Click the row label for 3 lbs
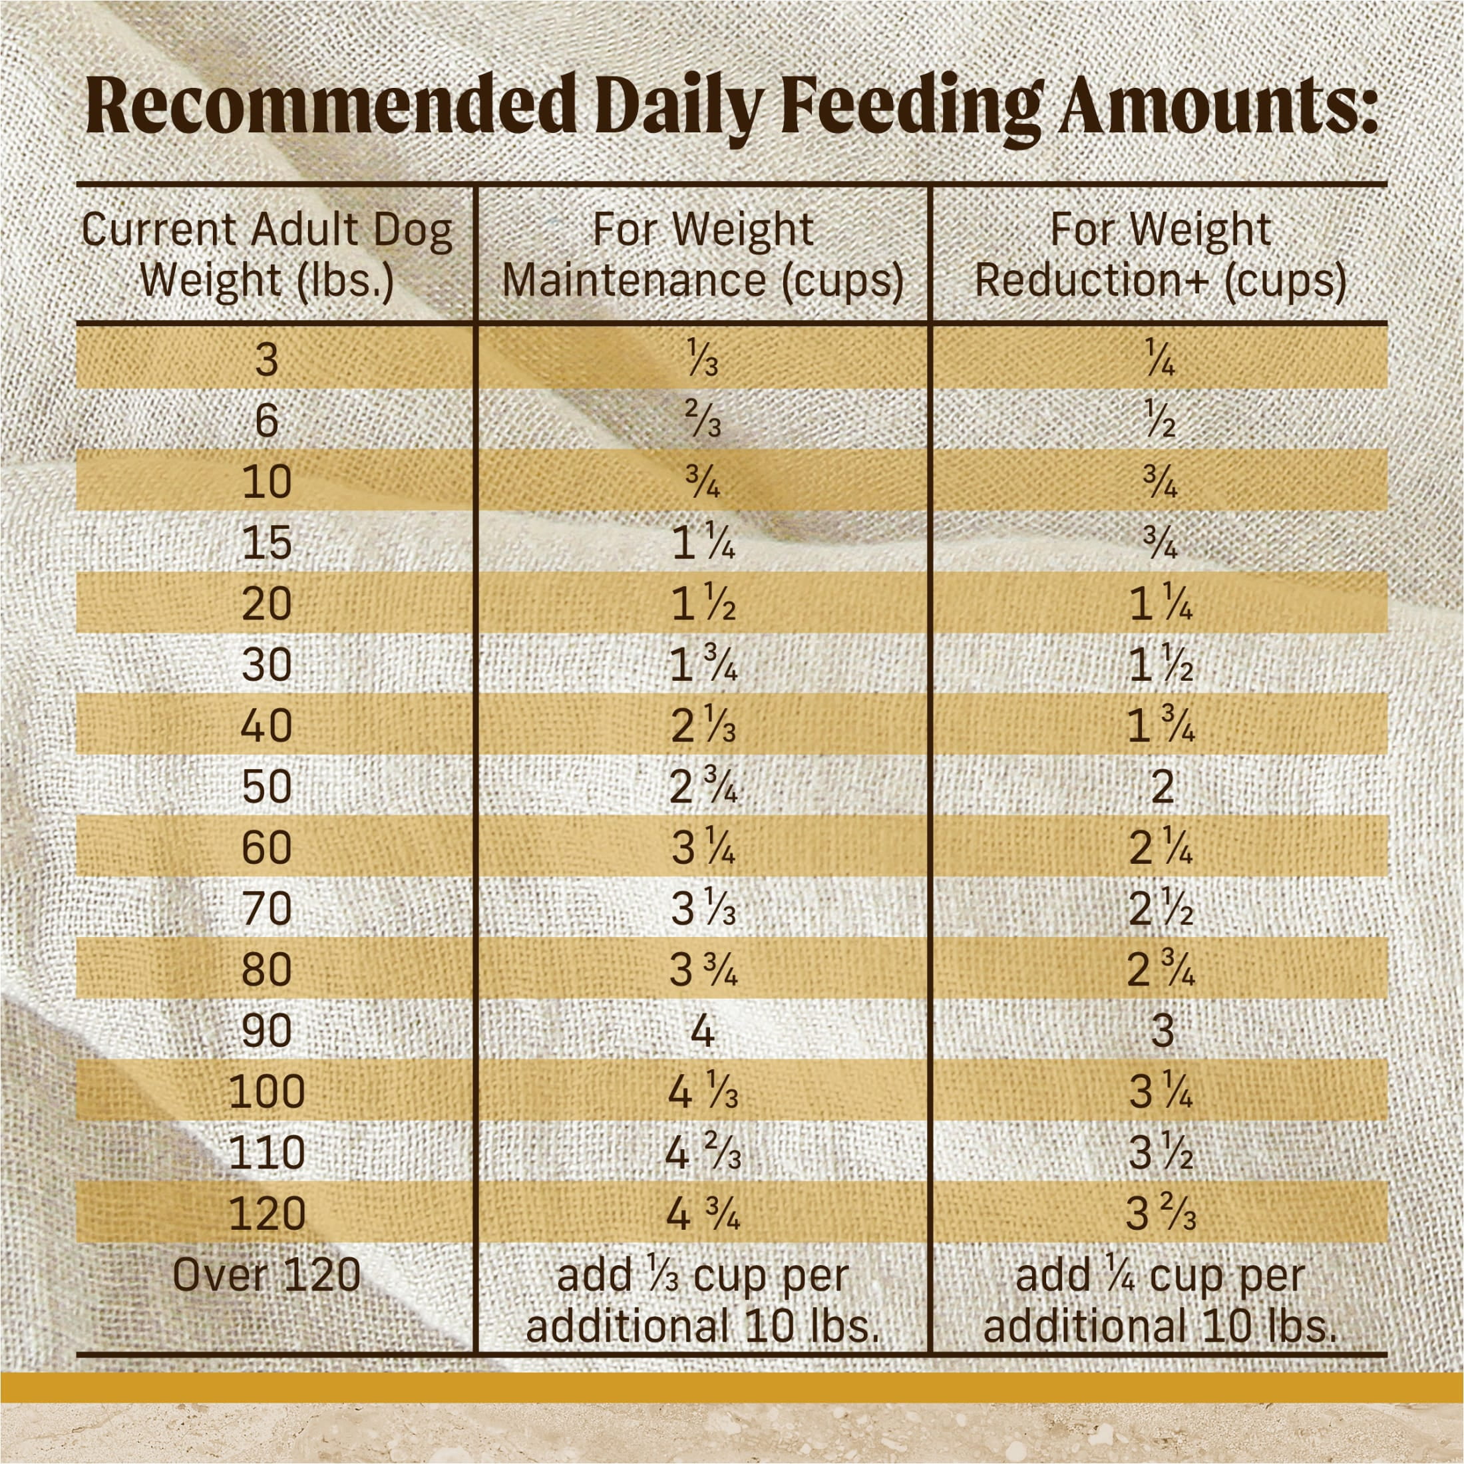[x=267, y=360]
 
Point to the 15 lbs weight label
[x=267, y=543]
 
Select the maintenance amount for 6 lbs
[x=703, y=421]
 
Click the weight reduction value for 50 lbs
[x=1162, y=787]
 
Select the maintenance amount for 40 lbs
[x=703, y=727]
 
